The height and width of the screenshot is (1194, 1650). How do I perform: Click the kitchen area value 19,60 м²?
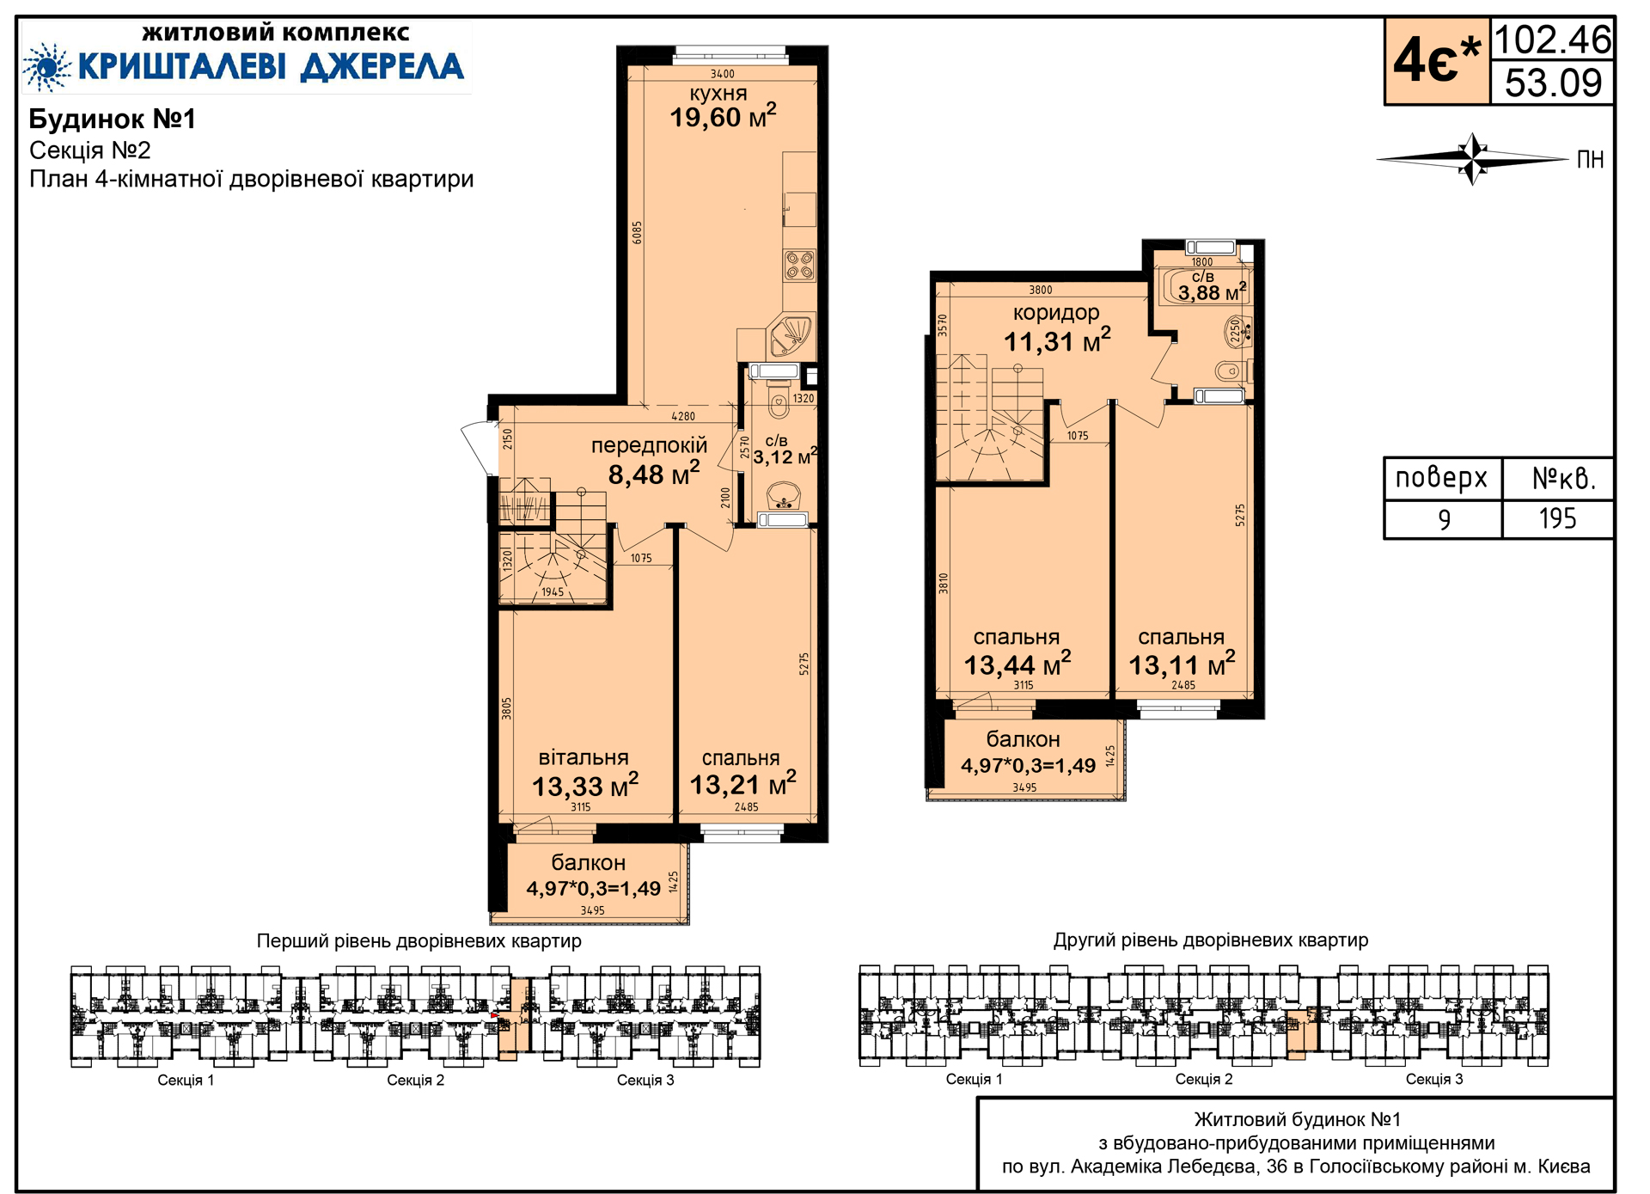click(723, 116)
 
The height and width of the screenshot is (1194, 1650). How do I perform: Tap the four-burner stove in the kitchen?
click(799, 265)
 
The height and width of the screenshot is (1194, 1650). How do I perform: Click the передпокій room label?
click(649, 445)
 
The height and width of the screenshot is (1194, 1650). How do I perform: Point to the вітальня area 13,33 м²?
click(585, 785)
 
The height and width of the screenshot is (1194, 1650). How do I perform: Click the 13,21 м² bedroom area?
click(743, 783)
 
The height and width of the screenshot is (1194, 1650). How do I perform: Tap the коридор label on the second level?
click(1056, 313)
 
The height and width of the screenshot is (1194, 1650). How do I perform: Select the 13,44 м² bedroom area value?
click(1017, 664)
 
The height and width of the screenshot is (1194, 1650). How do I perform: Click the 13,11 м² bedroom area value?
click(1182, 664)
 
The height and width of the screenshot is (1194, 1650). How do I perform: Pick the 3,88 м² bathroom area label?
click(1212, 292)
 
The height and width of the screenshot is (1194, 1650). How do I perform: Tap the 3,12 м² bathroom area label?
click(785, 456)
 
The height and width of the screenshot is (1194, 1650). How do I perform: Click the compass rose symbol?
click(1473, 159)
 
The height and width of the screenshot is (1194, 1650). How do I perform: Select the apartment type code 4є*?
click(1437, 61)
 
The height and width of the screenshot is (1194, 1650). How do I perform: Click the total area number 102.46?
click(1553, 40)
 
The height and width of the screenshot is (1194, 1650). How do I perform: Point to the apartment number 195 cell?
click(1557, 518)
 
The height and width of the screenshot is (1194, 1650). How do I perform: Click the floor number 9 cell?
click(1444, 519)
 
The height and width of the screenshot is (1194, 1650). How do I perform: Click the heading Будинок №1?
click(113, 119)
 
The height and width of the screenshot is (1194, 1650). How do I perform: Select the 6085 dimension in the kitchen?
click(637, 233)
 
